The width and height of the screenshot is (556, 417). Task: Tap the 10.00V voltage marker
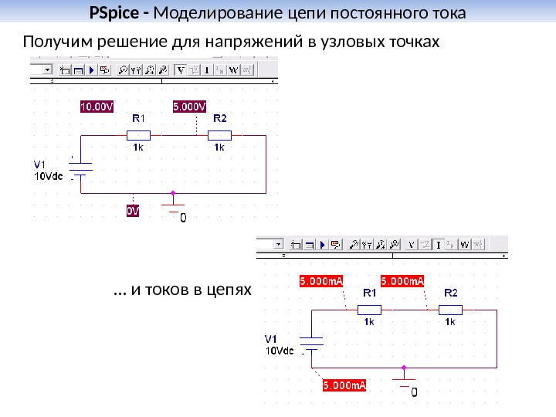(97, 106)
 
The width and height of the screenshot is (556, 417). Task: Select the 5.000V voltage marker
(189, 106)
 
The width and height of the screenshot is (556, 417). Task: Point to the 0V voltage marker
(133, 210)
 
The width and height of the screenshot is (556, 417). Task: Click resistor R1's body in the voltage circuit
(138, 135)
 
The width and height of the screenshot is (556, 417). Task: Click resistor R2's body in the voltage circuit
(219, 135)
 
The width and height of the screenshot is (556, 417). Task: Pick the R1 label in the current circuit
(369, 293)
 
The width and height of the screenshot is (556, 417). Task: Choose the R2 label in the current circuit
(450, 293)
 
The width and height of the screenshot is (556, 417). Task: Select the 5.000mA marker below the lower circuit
(344, 384)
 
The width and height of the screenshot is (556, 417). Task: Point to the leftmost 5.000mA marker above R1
(321, 281)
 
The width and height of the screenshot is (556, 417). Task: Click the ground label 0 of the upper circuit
(183, 219)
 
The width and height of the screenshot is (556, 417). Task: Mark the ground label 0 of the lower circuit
(414, 393)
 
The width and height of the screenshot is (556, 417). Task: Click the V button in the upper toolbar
(181, 69)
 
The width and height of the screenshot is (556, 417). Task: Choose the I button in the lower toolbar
(437, 245)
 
